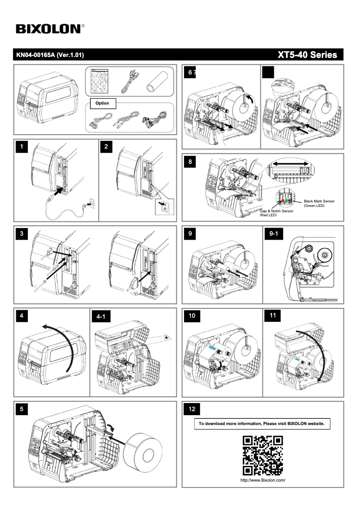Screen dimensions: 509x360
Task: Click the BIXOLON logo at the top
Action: pos(48,29)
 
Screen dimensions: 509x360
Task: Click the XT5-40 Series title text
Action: pos(307,55)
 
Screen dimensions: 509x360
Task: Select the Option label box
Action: pos(102,103)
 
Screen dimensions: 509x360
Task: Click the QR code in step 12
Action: pos(263,455)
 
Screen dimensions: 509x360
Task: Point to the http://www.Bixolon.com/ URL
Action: pos(263,480)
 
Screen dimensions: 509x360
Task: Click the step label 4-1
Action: pos(101,317)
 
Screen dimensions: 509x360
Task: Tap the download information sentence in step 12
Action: pos(262,423)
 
